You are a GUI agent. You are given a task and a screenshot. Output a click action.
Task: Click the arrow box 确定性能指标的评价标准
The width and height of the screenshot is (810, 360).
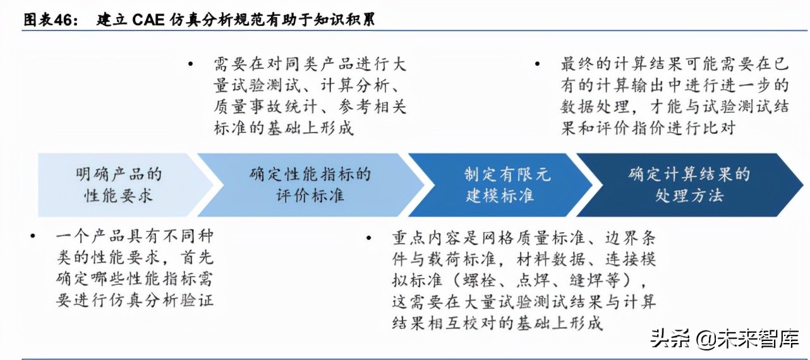310,184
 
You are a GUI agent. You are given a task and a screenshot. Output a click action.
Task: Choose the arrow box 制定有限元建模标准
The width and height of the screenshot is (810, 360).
499,184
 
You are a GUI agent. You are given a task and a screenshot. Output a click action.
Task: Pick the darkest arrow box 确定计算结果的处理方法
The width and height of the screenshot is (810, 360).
689,184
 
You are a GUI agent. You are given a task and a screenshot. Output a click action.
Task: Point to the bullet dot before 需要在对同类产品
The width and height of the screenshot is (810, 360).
192,64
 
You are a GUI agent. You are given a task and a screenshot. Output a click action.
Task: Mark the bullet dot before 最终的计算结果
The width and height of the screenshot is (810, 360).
537,64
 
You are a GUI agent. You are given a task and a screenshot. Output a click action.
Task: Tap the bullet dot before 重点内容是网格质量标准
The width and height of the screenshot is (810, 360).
368,237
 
